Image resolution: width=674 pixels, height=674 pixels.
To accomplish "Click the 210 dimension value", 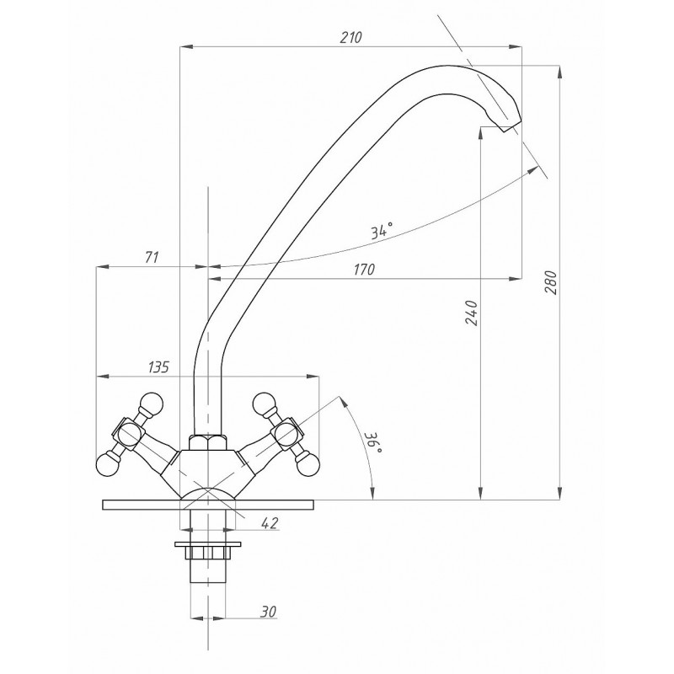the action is tap(350, 37).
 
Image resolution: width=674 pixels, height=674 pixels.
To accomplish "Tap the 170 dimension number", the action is tap(364, 270).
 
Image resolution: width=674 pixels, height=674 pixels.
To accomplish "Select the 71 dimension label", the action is tap(152, 257).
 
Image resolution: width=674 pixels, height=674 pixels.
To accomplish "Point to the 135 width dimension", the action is tap(159, 367).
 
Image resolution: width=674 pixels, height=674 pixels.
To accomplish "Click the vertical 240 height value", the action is tap(473, 313).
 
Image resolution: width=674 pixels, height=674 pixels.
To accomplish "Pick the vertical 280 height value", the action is tap(551, 282).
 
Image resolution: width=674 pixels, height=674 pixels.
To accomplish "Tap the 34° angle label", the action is tap(382, 231).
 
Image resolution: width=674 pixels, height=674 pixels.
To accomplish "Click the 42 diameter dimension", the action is tap(270, 522).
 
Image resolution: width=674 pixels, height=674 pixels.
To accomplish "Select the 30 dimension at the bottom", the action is tap(268, 612).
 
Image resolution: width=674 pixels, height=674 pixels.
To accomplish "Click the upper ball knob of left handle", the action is tap(151, 404).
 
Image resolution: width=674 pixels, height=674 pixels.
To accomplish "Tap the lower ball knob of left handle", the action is tap(107, 466).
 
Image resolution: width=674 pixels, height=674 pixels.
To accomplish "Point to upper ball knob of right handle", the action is tap(265, 404).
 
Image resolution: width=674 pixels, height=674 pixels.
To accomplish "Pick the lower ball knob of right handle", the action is tap(308, 466).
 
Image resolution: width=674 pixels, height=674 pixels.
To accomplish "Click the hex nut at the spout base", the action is tap(207, 443).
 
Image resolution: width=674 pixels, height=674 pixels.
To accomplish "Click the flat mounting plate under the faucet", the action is tap(208, 505).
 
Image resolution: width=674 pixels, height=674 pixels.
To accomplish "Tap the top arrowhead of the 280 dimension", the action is tap(559, 72).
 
